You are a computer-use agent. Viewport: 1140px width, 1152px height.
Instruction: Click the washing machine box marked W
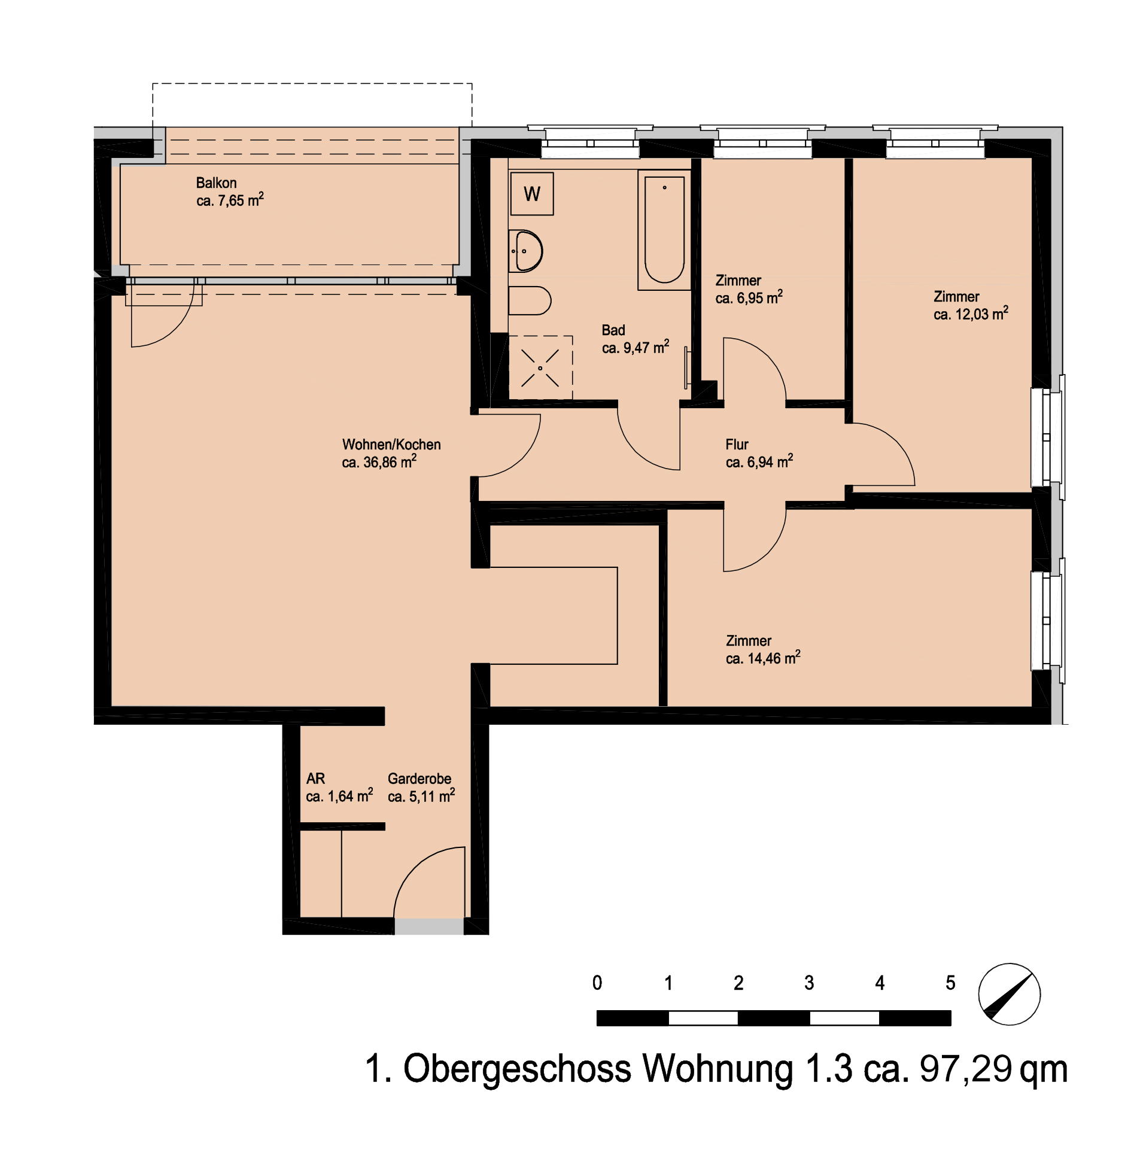click(531, 193)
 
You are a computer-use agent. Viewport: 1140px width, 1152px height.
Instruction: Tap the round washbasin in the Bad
click(525, 251)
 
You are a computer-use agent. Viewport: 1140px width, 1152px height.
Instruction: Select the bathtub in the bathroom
click(664, 230)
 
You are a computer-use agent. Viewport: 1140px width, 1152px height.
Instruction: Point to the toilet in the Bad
click(530, 300)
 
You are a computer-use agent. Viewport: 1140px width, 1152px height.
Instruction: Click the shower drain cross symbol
click(540, 368)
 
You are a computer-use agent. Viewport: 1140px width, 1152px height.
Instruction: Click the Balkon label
click(216, 183)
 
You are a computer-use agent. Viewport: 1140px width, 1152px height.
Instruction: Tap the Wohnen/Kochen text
click(391, 445)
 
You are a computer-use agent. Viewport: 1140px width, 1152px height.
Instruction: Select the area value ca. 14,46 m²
click(763, 658)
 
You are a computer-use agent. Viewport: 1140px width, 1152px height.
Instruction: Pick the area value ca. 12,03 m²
click(971, 313)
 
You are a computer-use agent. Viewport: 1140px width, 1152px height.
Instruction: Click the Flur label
click(737, 445)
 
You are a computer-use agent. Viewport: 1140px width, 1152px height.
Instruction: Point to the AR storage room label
click(315, 779)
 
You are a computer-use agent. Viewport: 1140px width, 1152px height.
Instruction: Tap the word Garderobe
click(419, 779)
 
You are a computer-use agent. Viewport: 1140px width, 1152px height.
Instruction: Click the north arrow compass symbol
click(1009, 994)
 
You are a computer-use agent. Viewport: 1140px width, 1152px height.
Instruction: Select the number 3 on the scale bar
click(809, 983)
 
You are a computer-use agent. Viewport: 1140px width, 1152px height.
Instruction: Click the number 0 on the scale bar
click(597, 983)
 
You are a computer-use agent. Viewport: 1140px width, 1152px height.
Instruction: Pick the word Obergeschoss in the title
click(517, 1068)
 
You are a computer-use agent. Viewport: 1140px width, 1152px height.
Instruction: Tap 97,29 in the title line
click(966, 1068)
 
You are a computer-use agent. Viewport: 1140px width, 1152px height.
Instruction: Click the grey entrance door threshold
click(429, 926)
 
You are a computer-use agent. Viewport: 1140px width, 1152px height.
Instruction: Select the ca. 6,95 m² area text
click(749, 297)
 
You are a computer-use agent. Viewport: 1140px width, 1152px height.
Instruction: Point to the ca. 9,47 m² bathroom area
click(636, 347)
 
